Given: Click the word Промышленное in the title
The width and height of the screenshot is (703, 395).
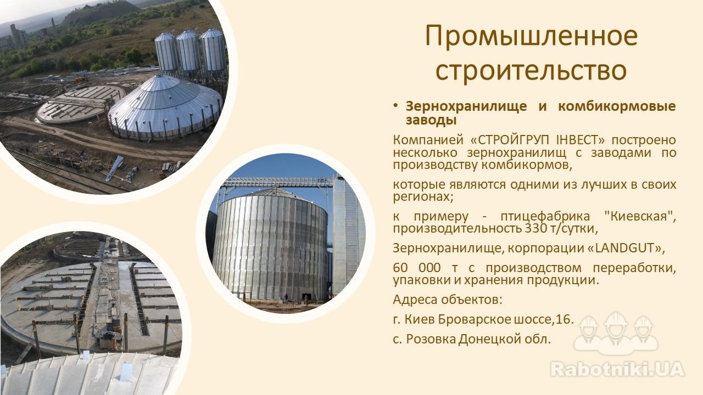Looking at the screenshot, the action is coord(531,37).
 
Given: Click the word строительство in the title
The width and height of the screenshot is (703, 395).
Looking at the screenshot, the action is coord(531,71).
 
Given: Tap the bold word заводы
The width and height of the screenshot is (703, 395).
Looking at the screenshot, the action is coord(431,120).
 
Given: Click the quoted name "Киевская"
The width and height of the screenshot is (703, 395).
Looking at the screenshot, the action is coord(640,216).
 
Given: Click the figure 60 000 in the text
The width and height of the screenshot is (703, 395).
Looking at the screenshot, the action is coord(417,268).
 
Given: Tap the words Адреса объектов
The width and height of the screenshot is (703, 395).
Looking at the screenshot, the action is coord(448,300).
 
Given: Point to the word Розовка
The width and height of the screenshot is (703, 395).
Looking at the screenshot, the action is coord(431,339).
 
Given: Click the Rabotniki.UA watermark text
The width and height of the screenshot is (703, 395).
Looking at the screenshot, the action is coord(618,369).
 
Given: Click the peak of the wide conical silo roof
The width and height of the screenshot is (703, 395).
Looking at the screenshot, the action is coord(160,75).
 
